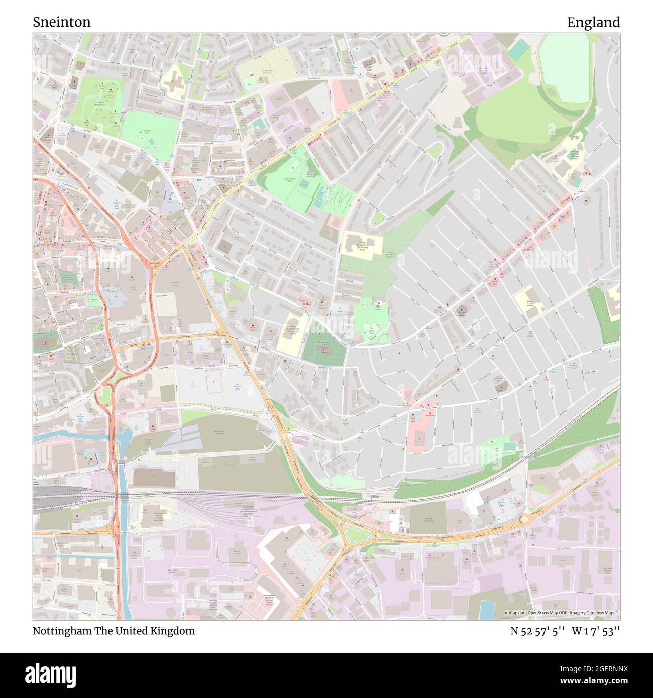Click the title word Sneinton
tap(62, 22)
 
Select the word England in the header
tap(593, 22)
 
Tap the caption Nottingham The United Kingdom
tap(114, 631)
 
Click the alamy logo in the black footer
tap(50, 673)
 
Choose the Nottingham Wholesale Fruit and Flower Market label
tap(272, 600)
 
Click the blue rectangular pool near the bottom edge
tap(487, 609)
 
